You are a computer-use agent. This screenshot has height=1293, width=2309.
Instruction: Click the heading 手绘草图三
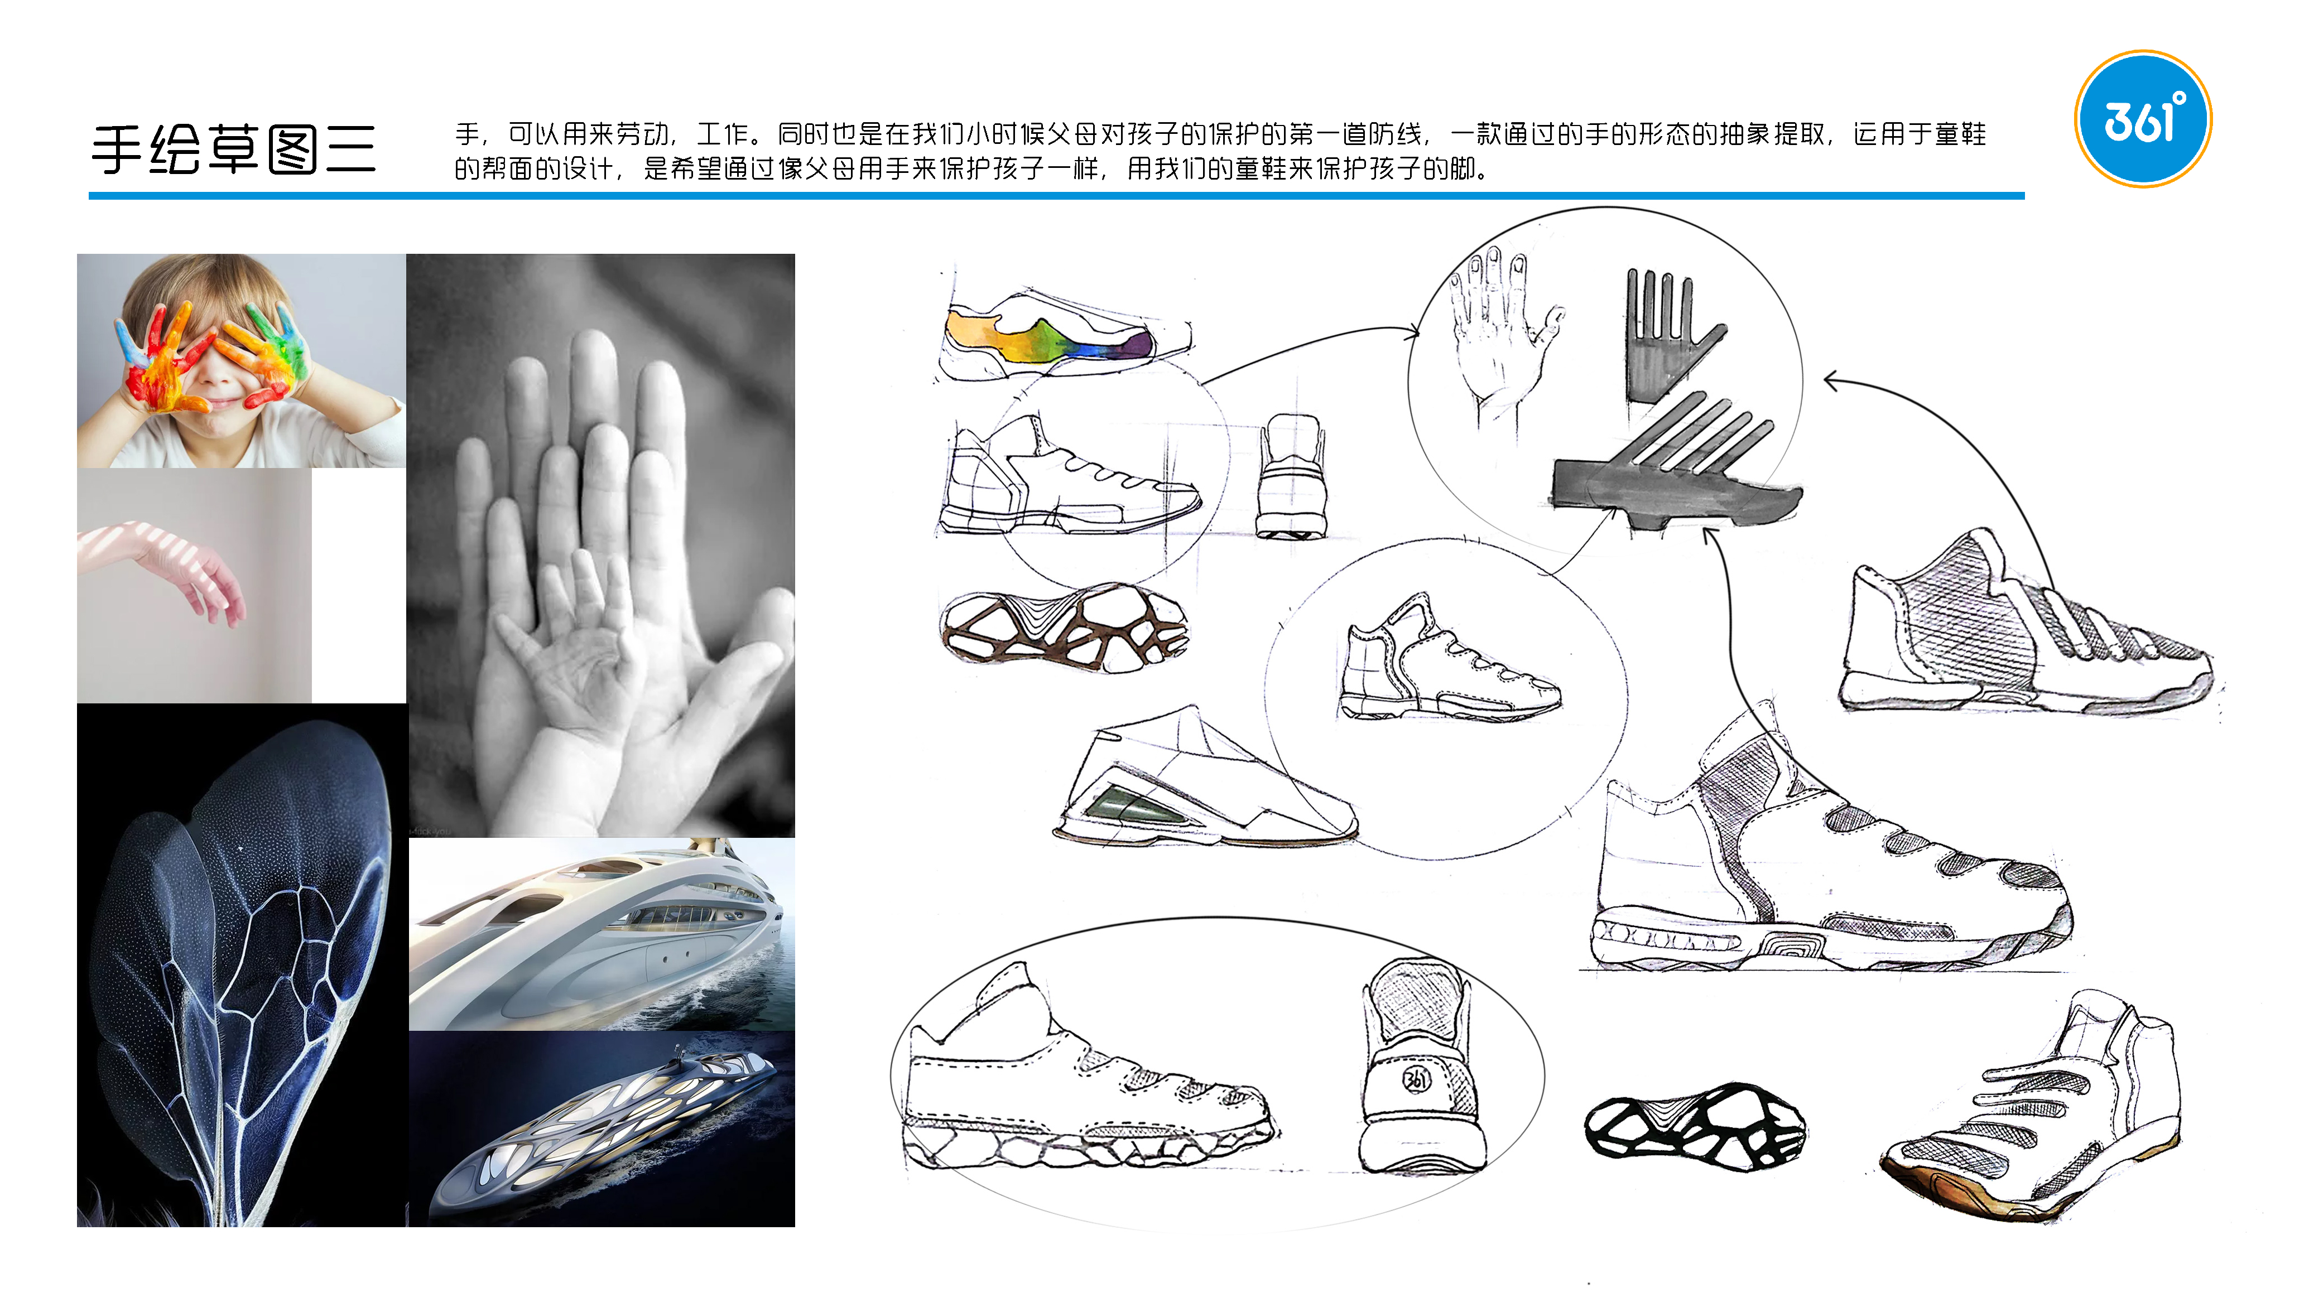[x=233, y=149]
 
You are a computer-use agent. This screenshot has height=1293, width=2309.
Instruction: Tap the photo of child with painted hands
[x=240, y=360]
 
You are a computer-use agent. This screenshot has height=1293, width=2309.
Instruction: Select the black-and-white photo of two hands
[x=600, y=545]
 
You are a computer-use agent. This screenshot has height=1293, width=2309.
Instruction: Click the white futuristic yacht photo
[x=600, y=934]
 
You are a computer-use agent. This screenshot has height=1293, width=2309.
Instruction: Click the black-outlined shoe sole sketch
[x=1694, y=1127]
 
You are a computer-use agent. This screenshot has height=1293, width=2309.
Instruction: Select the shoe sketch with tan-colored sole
[x=2034, y=1120]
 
